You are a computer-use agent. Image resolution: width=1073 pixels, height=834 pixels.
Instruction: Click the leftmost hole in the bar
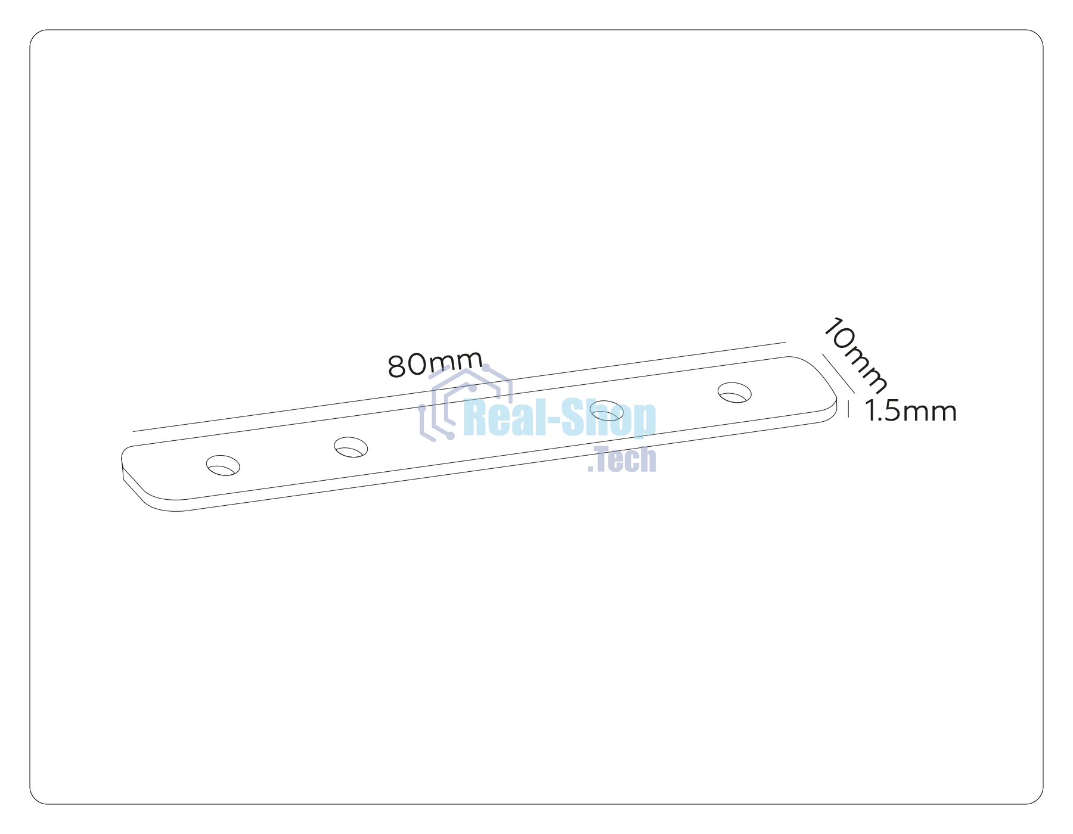[223, 465]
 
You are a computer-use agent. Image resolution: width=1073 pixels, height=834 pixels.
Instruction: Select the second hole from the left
[351, 447]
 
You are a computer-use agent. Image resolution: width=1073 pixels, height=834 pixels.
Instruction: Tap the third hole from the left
[607, 411]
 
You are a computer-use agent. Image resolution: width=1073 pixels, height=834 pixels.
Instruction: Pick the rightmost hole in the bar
[734, 393]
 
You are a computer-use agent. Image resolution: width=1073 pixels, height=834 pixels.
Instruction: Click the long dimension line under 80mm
[460, 387]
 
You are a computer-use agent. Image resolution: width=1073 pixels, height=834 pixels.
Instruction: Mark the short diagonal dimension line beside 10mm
[839, 374]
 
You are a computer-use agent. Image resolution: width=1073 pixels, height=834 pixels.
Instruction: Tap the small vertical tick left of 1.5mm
[848, 409]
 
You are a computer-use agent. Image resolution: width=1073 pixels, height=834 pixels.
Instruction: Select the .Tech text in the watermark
[622, 459]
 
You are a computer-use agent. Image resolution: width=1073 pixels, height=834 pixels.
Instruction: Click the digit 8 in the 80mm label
[398, 367]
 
